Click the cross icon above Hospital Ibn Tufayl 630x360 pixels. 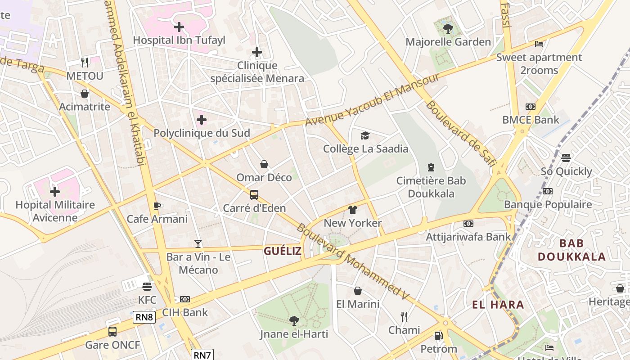pyautogui.click(x=179, y=27)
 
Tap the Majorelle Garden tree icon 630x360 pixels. pyautogui.click(x=448, y=29)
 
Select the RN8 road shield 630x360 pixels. pyautogui.click(x=144, y=317)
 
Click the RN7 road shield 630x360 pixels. pyautogui.click(x=202, y=355)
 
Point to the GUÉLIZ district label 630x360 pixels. pyautogui.click(x=283, y=251)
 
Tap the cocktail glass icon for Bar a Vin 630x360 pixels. pyautogui.click(x=198, y=244)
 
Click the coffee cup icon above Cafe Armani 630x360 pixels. pyautogui.click(x=157, y=206)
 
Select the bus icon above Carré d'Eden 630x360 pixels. pyautogui.click(x=254, y=195)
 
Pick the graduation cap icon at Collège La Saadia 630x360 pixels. pyautogui.click(x=365, y=135)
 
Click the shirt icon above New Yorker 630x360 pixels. pyautogui.click(x=352, y=210)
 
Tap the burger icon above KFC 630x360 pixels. pyautogui.click(x=147, y=287)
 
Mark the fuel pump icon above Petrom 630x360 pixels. pyautogui.click(x=438, y=336)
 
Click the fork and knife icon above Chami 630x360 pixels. pyautogui.click(x=404, y=317)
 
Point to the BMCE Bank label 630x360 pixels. pyautogui.click(x=531, y=120)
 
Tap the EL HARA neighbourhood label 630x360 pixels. pyautogui.click(x=498, y=305)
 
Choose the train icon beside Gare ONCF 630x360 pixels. pyautogui.click(x=112, y=332)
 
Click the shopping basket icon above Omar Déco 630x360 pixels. pyautogui.click(x=264, y=164)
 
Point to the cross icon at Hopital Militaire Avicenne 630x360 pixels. pyautogui.click(x=54, y=192)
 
